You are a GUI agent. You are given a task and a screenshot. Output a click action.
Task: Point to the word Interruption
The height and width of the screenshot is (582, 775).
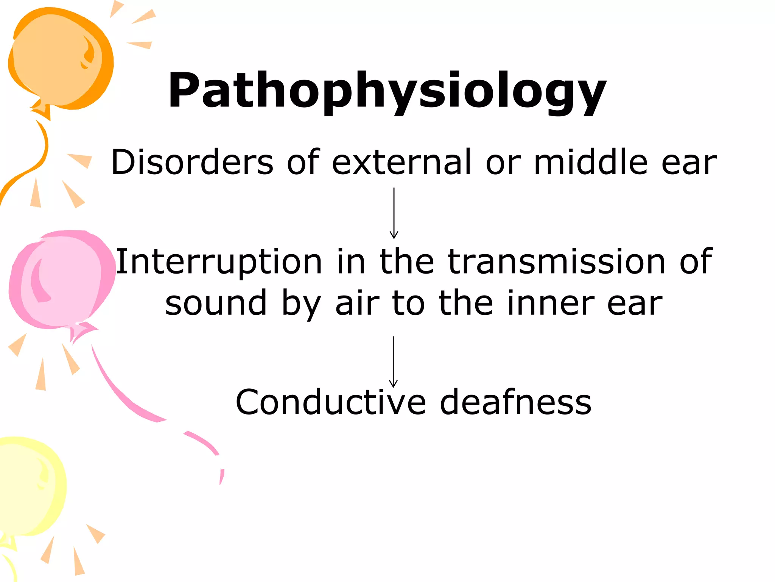219,262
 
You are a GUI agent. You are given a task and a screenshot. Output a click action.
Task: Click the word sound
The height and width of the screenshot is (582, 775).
216,303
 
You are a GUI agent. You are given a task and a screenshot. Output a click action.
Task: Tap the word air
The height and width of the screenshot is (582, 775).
357,303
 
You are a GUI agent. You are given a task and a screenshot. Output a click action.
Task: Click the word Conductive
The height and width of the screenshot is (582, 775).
331,402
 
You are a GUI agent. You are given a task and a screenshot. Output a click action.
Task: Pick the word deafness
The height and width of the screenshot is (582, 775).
515,402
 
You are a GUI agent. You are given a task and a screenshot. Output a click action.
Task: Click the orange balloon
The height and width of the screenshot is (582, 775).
59,57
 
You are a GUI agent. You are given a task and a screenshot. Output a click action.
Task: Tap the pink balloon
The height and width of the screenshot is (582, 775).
61,278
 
